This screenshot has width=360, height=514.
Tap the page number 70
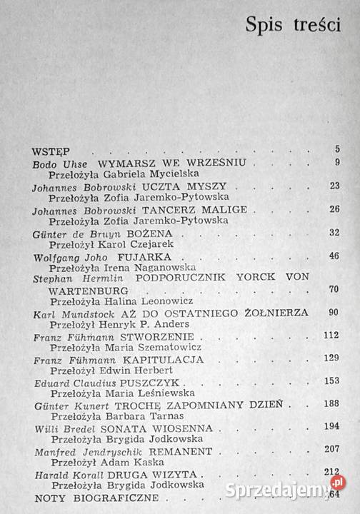(333, 291)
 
